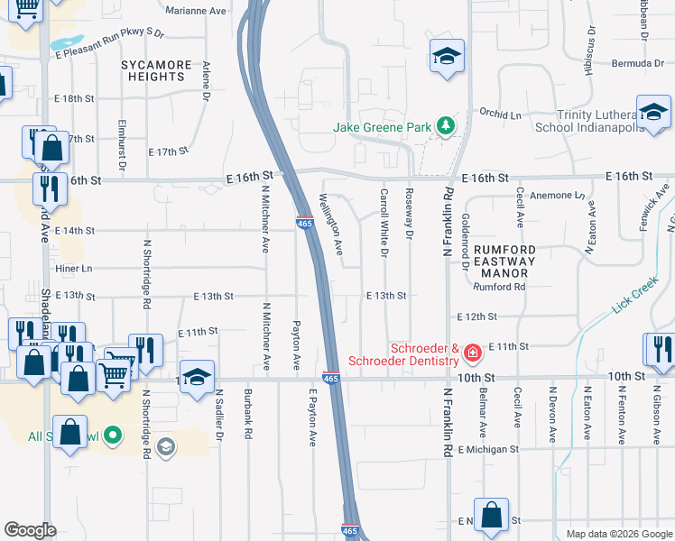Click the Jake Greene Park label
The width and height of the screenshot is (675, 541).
click(382, 128)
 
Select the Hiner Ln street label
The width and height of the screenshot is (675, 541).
click(74, 269)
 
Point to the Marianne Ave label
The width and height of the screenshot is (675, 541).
click(196, 11)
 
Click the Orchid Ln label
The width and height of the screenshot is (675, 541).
click(501, 115)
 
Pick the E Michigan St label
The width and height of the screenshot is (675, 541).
click(488, 449)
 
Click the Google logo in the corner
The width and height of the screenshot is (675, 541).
click(30, 530)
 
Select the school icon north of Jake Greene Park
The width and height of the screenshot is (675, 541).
click(447, 56)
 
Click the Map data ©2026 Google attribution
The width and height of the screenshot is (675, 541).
click(618, 534)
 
